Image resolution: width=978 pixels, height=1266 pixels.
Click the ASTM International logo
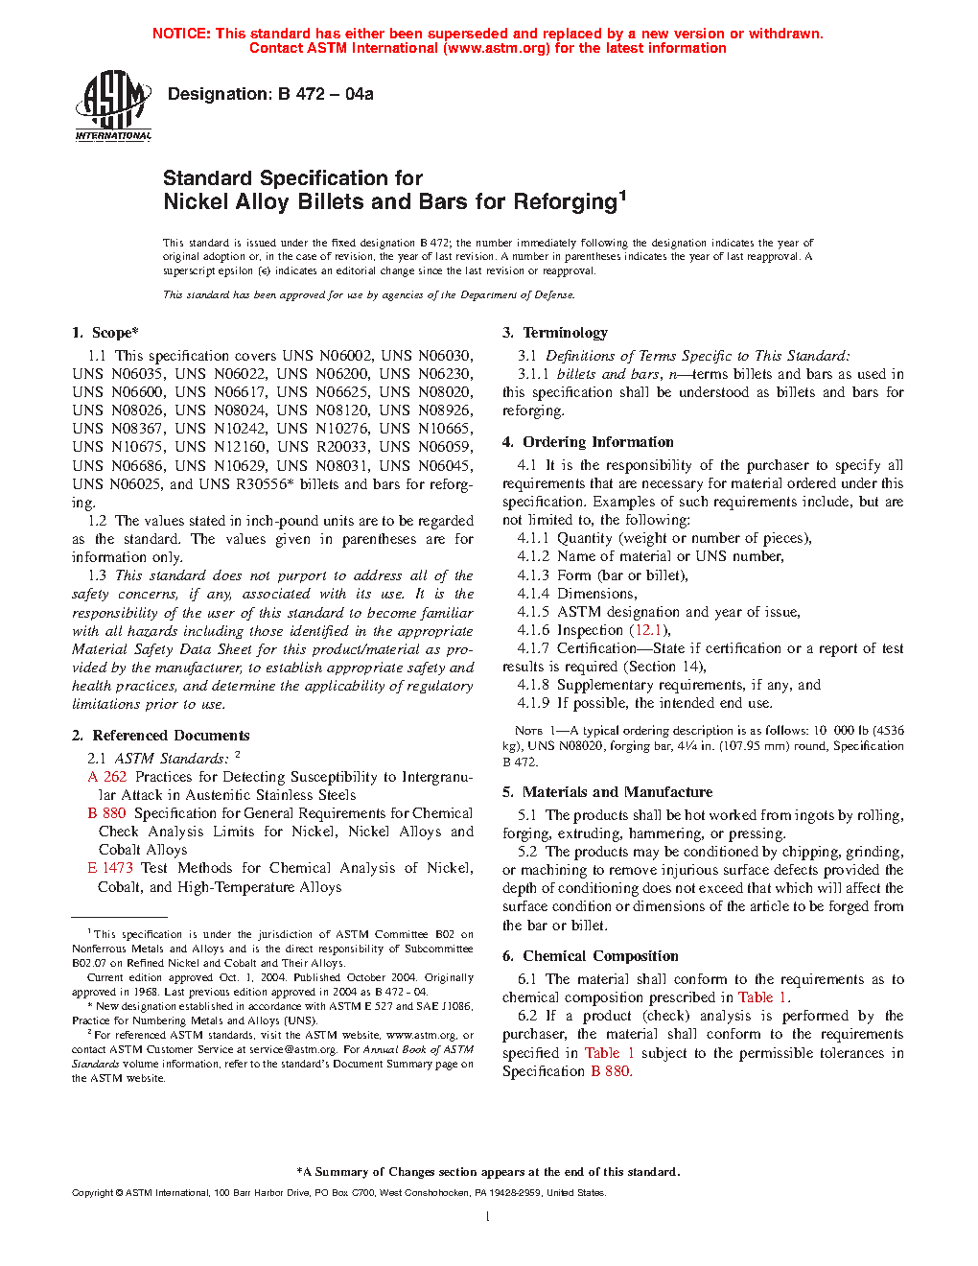click(x=113, y=105)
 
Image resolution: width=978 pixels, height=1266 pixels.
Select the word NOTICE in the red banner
click(x=181, y=34)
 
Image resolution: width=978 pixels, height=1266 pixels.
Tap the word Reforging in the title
click(x=565, y=202)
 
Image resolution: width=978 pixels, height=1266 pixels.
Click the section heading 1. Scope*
click(x=105, y=333)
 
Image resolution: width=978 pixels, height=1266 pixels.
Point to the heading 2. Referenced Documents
click(x=160, y=736)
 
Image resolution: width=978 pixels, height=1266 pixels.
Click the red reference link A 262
click(x=107, y=777)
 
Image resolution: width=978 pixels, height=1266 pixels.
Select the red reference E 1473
click(x=110, y=868)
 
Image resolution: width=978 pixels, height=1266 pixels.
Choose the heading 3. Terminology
click(x=555, y=333)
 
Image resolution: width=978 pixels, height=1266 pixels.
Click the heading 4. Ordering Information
click(x=588, y=442)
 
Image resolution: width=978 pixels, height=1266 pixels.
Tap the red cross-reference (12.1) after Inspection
click(x=649, y=630)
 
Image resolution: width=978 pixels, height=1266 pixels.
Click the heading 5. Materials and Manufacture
click(x=607, y=792)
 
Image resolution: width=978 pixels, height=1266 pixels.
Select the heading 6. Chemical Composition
click(x=590, y=956)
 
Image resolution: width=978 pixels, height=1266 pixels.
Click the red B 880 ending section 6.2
click(x=611, y=1071)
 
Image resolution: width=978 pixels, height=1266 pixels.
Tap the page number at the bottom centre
click(x=488, y=1217)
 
